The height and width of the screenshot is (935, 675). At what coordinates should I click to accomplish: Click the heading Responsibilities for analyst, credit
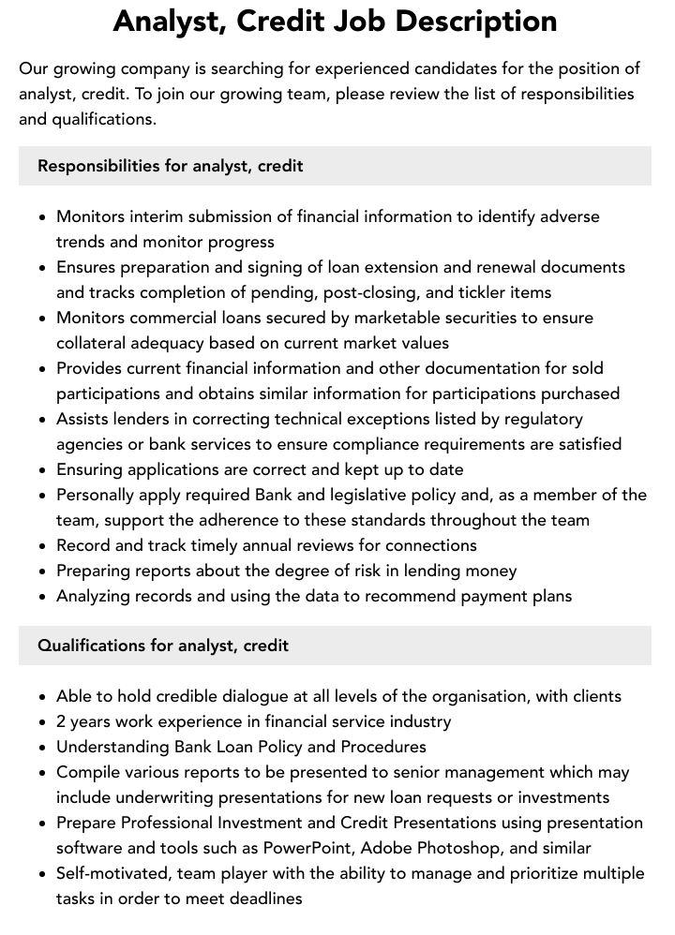coord(170,166)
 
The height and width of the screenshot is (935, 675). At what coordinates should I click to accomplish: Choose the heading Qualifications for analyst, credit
coord(163,646)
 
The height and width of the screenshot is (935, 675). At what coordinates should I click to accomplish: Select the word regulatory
coord(539,419)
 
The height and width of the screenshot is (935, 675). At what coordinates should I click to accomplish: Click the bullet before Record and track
coord(42,546)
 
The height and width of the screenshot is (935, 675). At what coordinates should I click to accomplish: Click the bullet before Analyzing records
coord(42,597)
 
